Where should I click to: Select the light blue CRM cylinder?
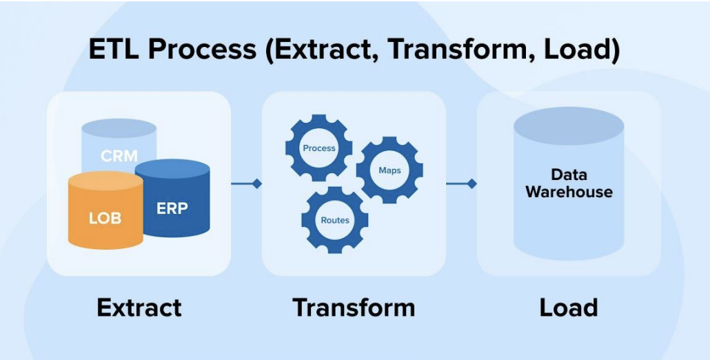tap(119, 148)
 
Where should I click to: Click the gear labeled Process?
tap(319, 148)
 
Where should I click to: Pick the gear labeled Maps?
tap(389, 170)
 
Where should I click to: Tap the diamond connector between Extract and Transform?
tap(256, 183)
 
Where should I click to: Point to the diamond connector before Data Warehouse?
tap(471, 183)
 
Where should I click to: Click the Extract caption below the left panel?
tap(139, 307)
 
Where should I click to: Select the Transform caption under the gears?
tap(354, 307)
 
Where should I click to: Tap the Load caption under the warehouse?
tap(569, 307)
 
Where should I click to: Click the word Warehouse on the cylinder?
tap(569, 192)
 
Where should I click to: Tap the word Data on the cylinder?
tap(569, 175)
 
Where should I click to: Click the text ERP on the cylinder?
tap(172, 208)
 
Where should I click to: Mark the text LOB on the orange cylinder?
tap(105, 219)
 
